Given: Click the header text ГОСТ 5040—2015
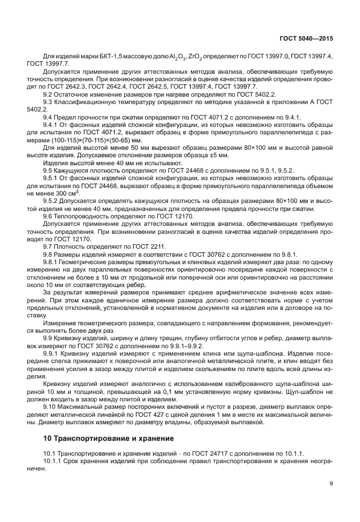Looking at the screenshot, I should [x=306, y=38].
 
